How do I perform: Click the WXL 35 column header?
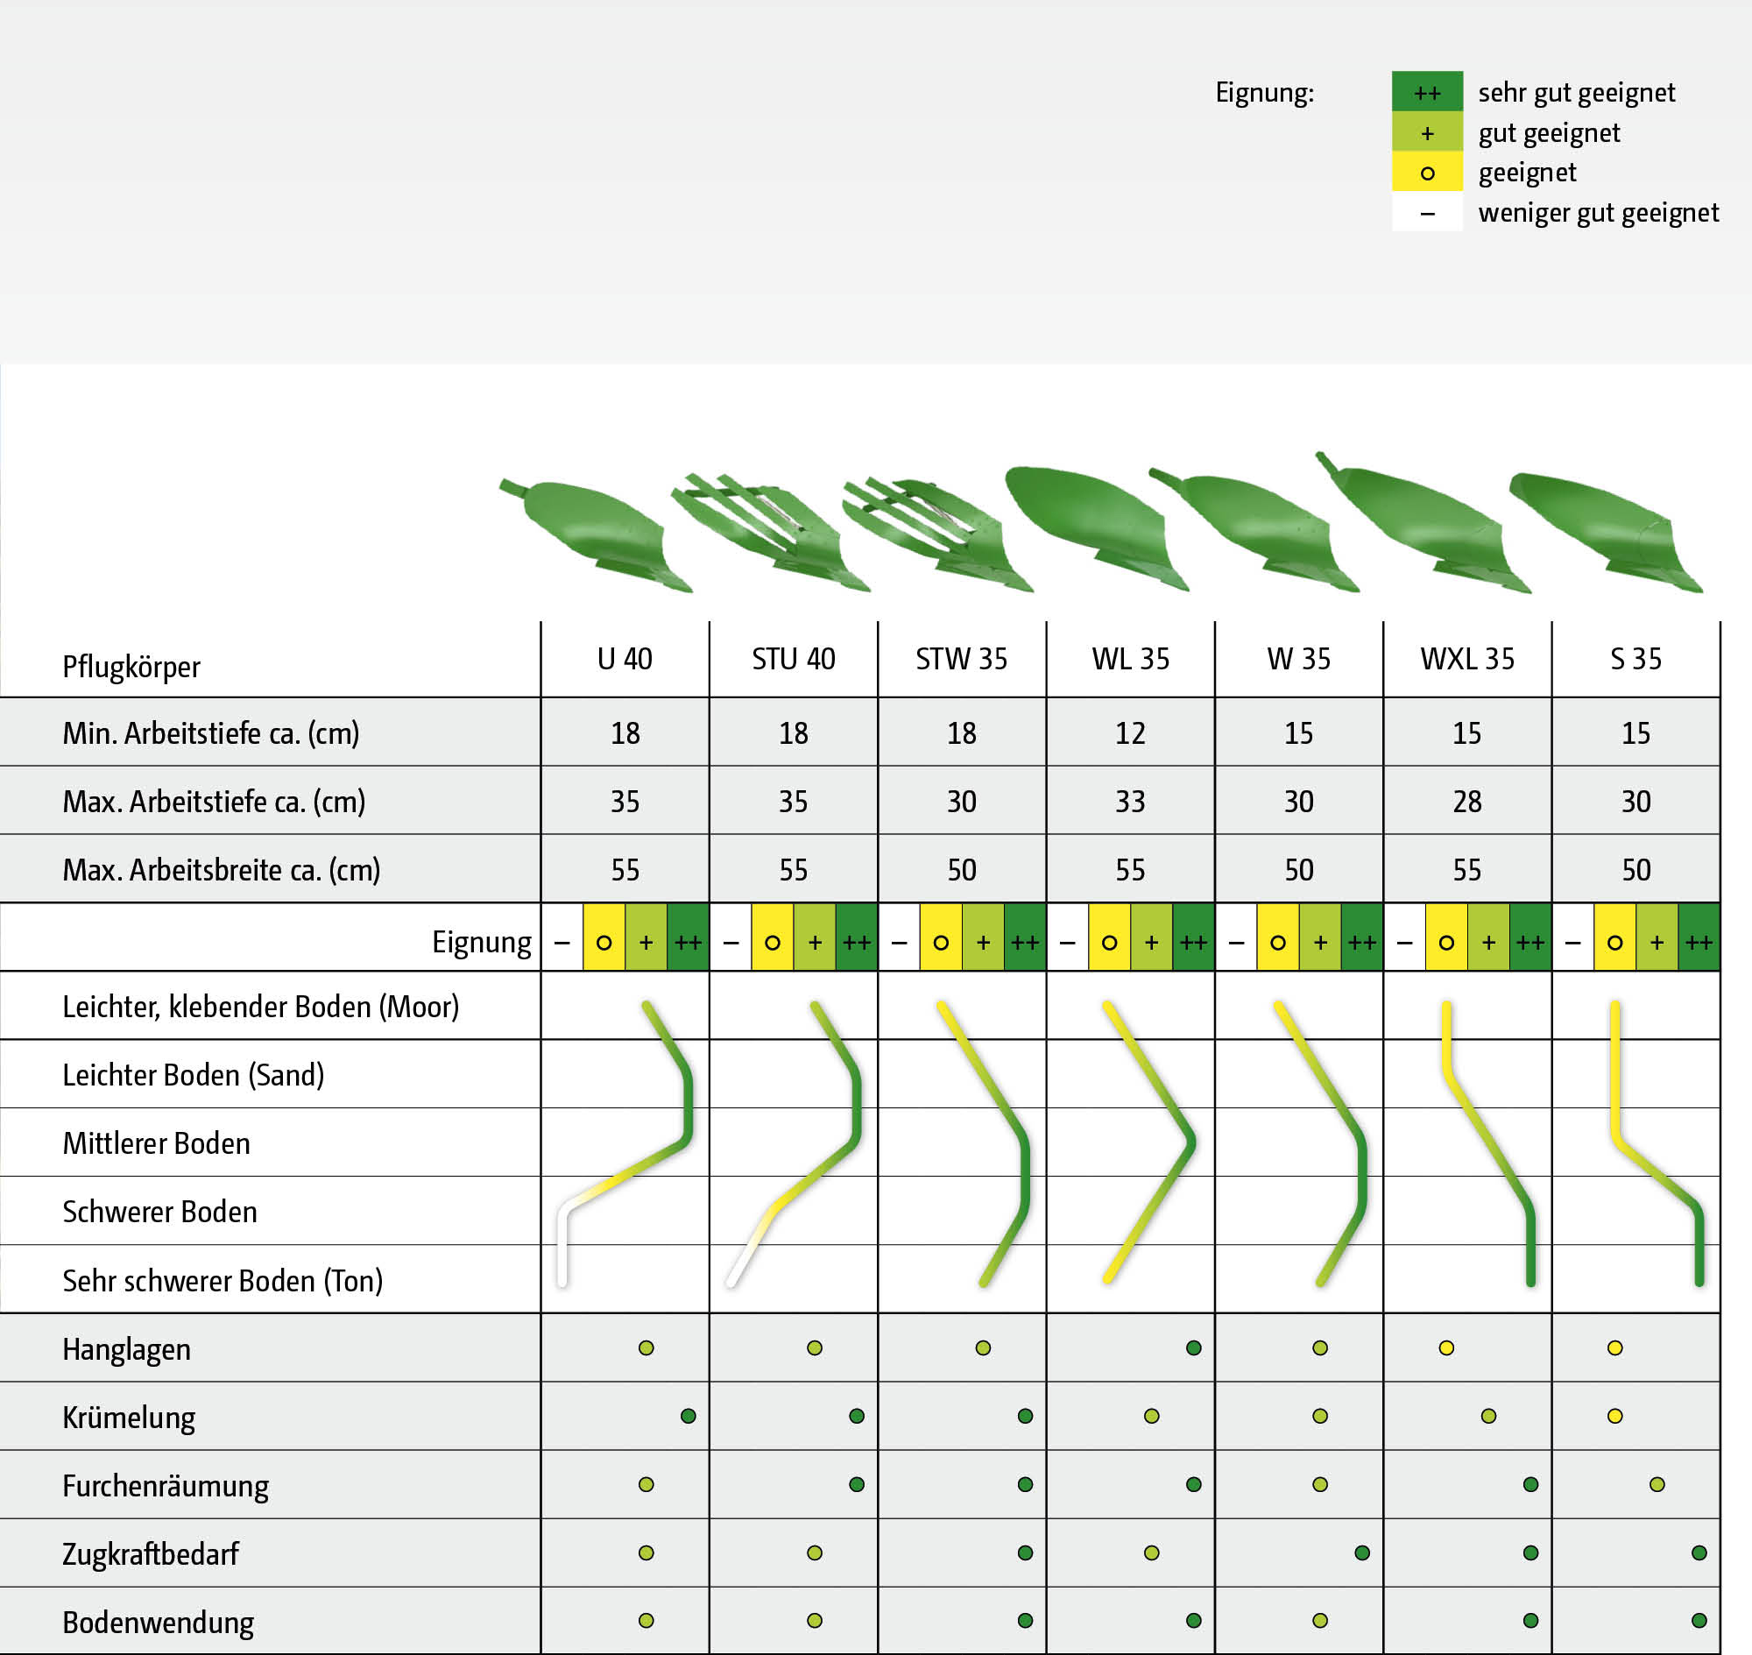(x=1467, y=659)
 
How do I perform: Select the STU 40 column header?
(x=793, y=659)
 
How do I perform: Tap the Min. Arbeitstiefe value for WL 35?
(x=1130, y=733)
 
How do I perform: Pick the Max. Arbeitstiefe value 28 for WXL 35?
(x=1467, y=801)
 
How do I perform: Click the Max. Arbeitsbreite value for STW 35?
(x=962, y=870)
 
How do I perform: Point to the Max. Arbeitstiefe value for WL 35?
(x=1130, y=801)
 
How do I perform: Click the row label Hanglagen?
(x=126, y=1349)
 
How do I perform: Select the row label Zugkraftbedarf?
(x=150, y=1553)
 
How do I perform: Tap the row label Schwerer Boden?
(x=159, y=1212)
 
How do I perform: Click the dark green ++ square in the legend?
(x=1427, y=92)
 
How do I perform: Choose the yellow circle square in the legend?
(x=1427, y=172)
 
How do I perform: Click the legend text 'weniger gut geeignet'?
(x=1599, y=213)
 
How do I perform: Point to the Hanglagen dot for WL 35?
(x=1194, y=1348)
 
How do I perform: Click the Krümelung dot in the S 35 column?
(x=1615, y=1416)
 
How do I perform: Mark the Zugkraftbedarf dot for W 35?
(x=1362, y=1552)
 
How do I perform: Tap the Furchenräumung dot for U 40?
(x=646, y=1485)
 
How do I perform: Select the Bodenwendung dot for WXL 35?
(x=1530, y=1621)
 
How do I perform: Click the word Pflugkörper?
(x=131, y=667)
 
